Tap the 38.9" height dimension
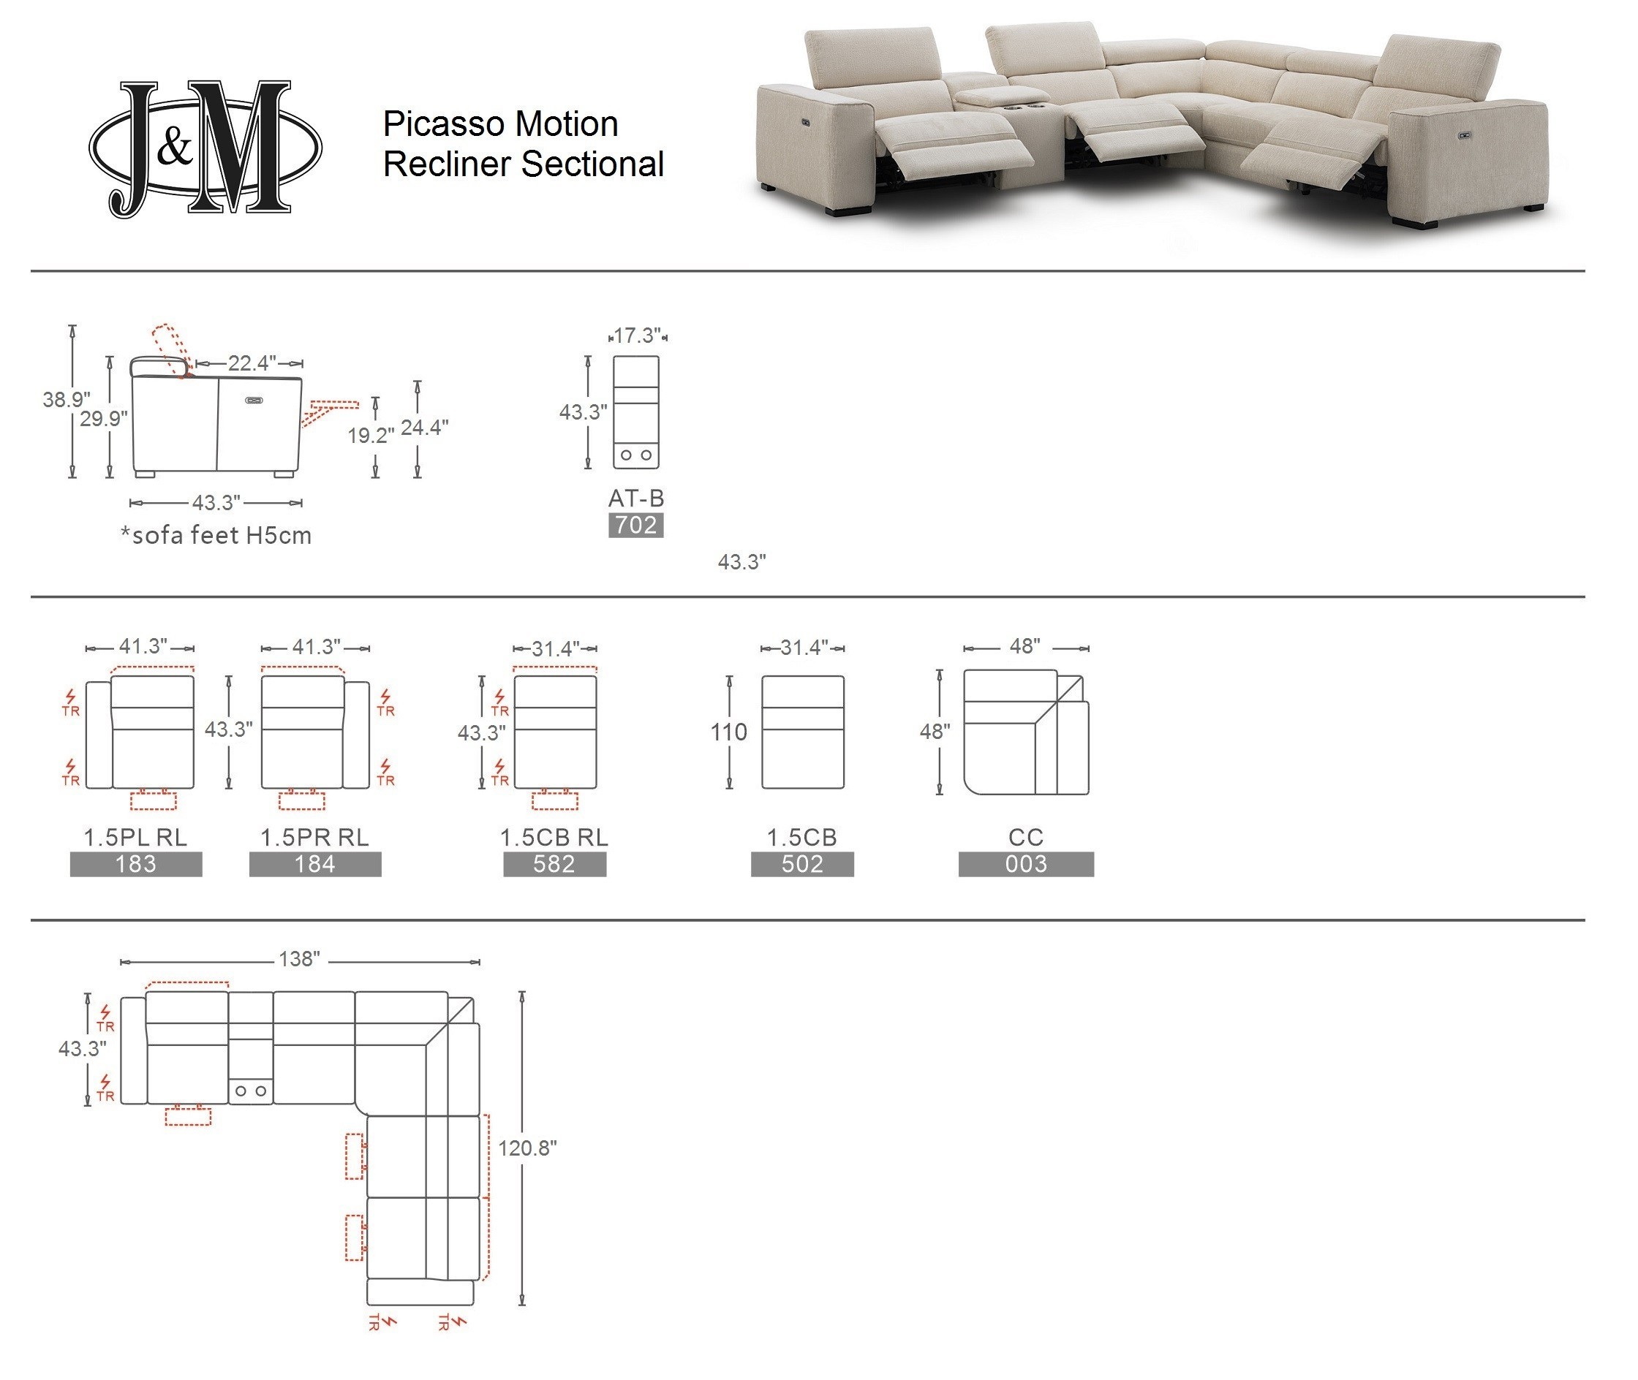click(x=66, y=400)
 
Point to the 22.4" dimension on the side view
click(x=252, y=363)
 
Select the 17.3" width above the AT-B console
click(x=637, y=336)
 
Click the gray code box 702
click(x=636, y=525)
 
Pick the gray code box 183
click(x=136, y=865)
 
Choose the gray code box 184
click(x=315, y=865)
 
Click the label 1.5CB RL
click(x=554, y=837)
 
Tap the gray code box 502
click(x=802, y=865)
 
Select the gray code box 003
click(x=1026, y=865)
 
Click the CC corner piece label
click(x=1026, y=837)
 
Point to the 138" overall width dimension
click(x=300, y=959)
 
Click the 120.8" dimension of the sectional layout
click(x=527, y=1148)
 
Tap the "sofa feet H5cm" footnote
click(x=216, y=535)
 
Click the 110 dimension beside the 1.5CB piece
click(x=728, y=732)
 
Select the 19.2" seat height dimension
click(x=370, y=435)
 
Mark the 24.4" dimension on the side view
click(x=424, y=427)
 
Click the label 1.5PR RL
click(x=314, y=837)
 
